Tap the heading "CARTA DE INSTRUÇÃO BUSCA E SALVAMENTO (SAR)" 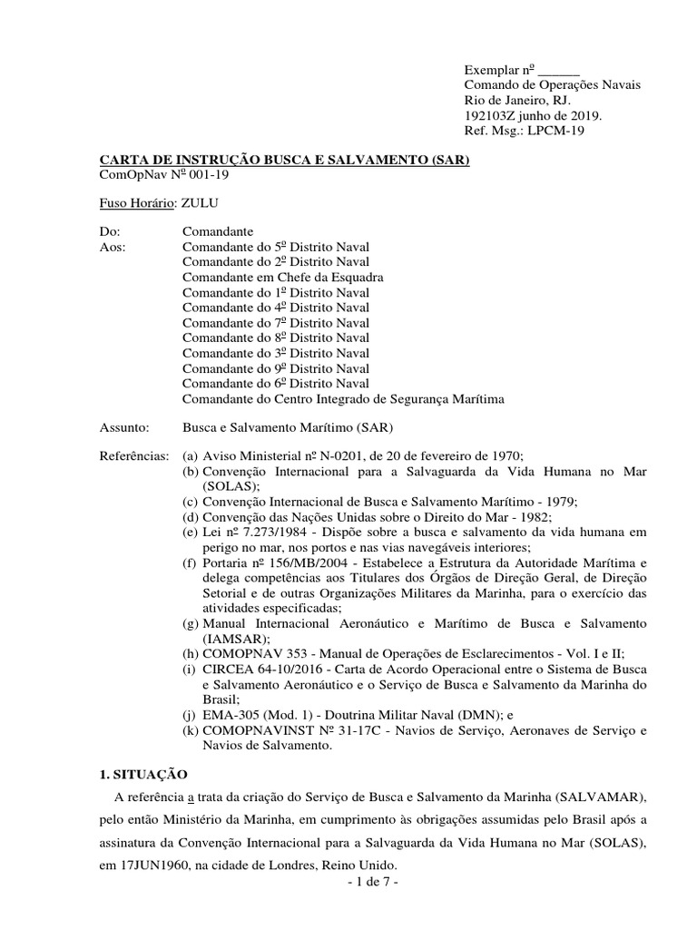283,160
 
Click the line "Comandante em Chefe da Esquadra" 282,277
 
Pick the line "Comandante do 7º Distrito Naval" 276,323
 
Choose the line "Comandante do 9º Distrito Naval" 276,368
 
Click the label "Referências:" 133,457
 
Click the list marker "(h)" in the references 191,655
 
